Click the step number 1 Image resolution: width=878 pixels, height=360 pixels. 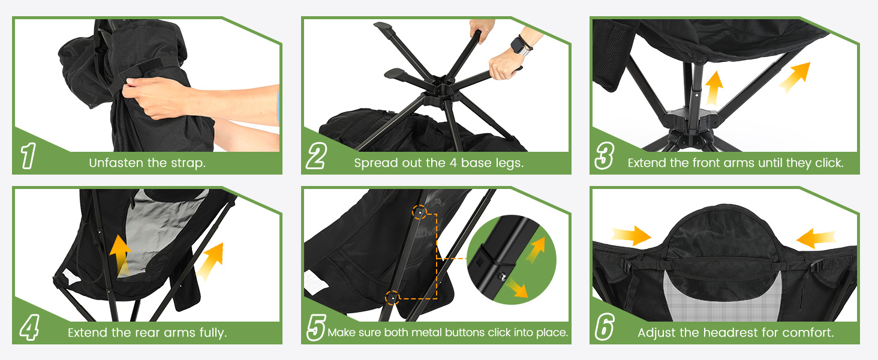coord(28,155)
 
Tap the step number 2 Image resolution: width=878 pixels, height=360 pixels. coord(316,155)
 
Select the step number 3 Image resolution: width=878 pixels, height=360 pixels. coord(604,155)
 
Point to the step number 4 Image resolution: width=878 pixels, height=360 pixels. coord(29,327)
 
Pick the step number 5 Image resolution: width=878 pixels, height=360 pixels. coord(316,327)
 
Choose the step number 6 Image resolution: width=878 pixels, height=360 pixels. coord(605,327)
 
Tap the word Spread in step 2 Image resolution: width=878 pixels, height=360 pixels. coord(372,163)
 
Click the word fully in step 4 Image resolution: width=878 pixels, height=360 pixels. coord(213,332)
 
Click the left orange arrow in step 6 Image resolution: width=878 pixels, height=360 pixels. coord(631,235)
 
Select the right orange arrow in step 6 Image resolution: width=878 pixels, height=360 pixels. coord(816,238)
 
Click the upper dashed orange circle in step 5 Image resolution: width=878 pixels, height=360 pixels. coord(419,212)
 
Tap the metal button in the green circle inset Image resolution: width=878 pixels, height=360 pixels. coord(501,277)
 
